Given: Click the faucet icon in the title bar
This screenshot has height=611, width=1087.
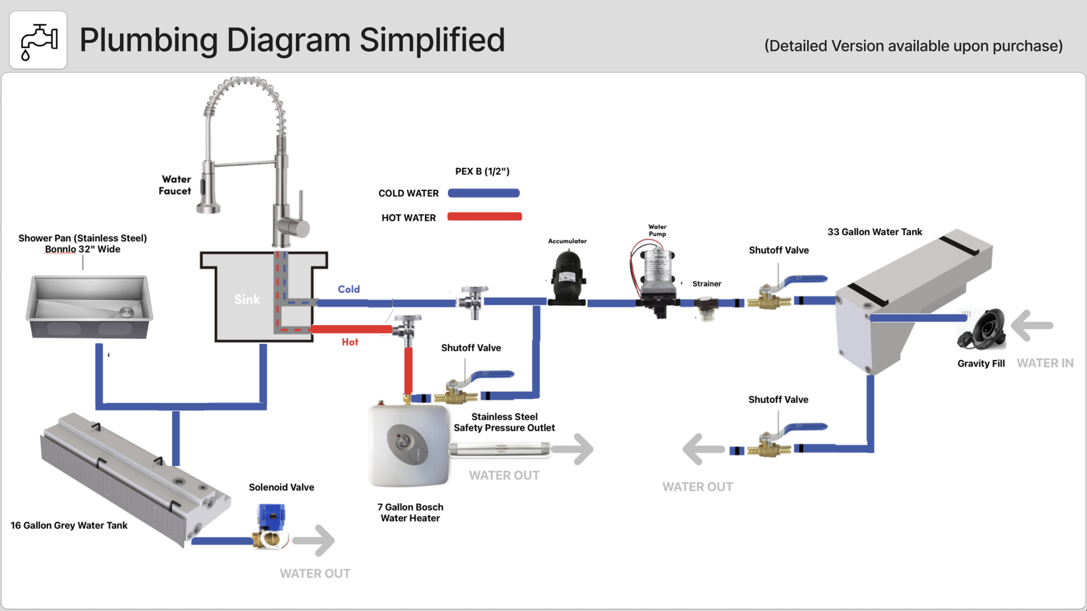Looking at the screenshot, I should point(38,40).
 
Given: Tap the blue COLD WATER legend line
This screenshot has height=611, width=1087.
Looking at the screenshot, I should point(484,193).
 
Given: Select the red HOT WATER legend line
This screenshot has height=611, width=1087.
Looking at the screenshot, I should point(484,217).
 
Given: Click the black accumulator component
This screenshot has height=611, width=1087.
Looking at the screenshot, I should point(568,278).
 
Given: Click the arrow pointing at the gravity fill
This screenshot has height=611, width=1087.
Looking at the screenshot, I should point(1032,326).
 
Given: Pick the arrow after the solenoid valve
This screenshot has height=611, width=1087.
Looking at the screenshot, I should point(314,541).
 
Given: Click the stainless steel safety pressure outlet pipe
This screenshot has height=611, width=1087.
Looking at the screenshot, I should point(499,449).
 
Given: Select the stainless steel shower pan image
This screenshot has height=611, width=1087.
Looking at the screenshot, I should point(89,306).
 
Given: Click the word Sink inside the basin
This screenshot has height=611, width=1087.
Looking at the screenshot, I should point(247,300).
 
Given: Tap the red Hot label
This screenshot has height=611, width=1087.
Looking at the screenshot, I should point(350,342).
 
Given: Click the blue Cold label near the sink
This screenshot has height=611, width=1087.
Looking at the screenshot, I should point(349,289).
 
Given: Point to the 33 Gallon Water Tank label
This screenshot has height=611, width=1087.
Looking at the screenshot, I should point(875,232).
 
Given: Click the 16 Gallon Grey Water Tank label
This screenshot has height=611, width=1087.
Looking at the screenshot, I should point(69,525).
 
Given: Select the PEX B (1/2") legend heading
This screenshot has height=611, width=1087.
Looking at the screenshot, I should point(482,171).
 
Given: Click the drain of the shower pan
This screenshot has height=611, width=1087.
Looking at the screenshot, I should point(127,312).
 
